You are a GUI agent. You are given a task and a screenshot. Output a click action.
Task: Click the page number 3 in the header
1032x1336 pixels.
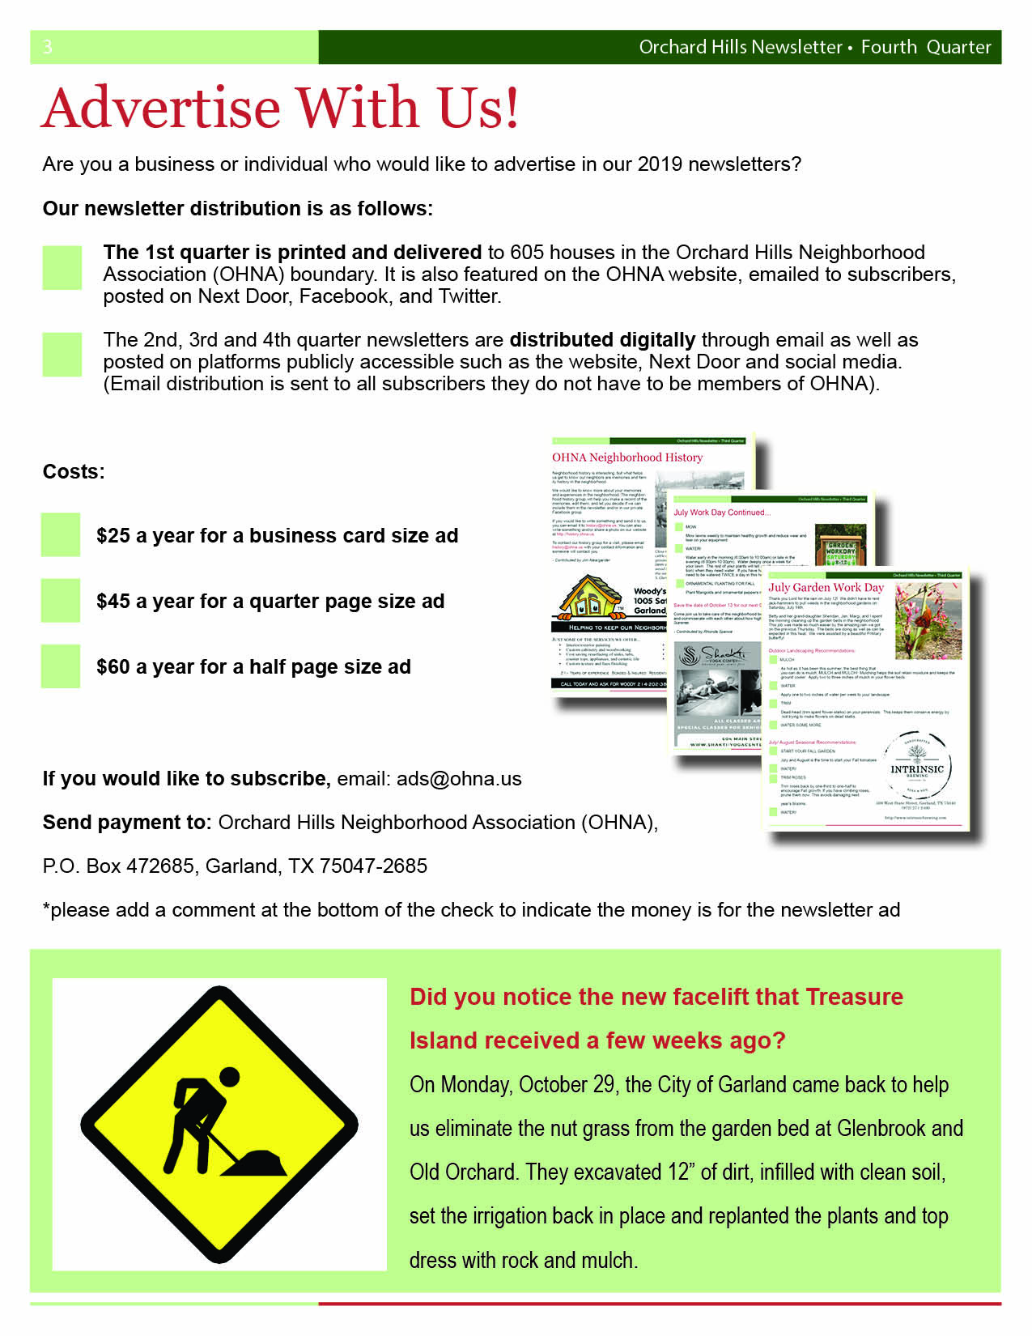point(48,47)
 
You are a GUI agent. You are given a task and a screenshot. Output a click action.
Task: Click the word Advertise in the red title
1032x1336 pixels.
point(162,108)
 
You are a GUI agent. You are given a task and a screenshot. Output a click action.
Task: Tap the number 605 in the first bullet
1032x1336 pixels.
point(527,253)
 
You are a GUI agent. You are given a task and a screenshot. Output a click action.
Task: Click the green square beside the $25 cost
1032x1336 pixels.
point(61,534)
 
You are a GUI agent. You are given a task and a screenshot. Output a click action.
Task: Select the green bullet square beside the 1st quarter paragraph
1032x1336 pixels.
point(62,268)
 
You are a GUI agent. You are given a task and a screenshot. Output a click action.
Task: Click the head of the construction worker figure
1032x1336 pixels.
point(230,1077)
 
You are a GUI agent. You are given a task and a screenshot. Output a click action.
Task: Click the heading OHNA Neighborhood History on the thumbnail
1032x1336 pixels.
point(627,457)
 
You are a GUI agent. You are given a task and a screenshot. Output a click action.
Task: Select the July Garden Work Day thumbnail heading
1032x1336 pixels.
point(826,587)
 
